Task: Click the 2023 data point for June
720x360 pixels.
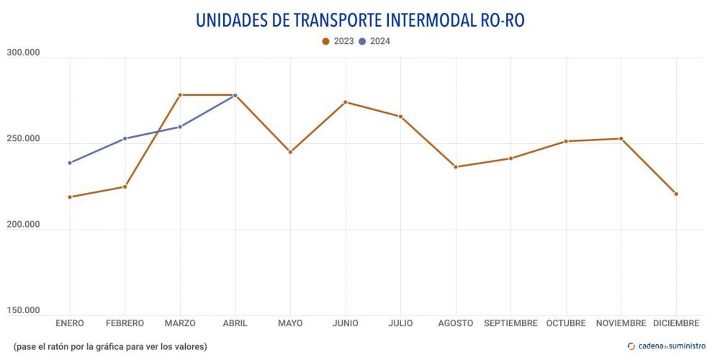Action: [346, 102]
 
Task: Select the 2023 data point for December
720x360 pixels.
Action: [676, 194]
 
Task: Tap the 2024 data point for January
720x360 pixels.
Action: [70, 163]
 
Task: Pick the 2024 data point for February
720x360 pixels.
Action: [125, 138]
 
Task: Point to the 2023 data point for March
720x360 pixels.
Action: [180, 95]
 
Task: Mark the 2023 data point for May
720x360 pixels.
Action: [290, 152]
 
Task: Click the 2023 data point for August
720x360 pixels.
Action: [456, 167]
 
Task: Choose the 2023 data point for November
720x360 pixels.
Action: [621, 138]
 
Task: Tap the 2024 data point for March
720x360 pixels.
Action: [180, 127]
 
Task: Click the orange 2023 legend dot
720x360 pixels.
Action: [325, 41]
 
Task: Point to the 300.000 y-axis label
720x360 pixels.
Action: [23, 53]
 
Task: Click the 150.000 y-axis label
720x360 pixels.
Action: [23, 310]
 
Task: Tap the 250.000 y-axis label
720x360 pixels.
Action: [23, 138]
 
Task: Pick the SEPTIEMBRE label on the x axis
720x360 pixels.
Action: [510, 323]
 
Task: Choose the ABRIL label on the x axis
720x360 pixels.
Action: [235, 323]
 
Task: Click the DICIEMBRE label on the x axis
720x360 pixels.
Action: [676, 323]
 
